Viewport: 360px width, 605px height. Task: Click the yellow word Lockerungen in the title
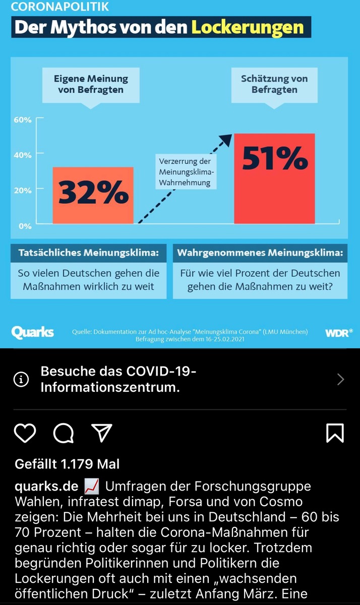(248, 27)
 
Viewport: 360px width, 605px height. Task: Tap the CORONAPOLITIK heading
(60, 7)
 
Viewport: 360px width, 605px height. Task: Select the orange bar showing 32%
(93, 196)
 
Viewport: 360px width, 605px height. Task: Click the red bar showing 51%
(275, 178)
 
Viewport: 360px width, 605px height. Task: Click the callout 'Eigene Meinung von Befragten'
(91, 84)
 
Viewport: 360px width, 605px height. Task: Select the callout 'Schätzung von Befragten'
(274, 84)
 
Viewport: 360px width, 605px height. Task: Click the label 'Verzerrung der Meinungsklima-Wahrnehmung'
(185, 172)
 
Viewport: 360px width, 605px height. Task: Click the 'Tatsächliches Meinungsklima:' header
(89, 253)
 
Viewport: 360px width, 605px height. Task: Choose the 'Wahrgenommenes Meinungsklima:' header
(260, 253)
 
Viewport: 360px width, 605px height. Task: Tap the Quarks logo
(32, 332)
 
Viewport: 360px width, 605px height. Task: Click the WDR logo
(338, 333)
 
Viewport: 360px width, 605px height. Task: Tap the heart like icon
(25, 433)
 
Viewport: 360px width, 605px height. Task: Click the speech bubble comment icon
(64, 433)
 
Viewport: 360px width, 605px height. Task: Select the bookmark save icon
(335, 433)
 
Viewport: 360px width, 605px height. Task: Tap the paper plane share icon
(101, 433)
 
